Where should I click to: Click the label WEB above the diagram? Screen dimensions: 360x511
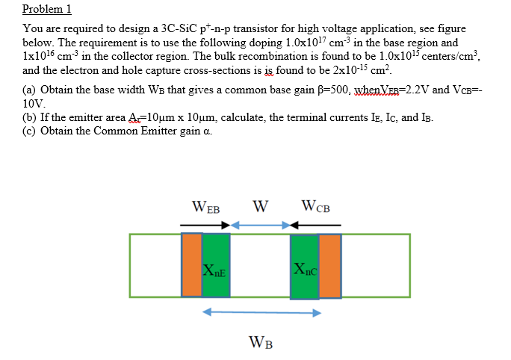(206, 206)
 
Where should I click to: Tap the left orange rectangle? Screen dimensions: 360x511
(192, 265)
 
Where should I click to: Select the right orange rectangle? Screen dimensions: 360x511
(329, 265)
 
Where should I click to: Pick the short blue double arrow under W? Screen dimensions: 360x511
(261, 224)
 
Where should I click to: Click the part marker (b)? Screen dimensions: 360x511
(31, 118)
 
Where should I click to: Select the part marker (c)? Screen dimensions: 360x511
(31, 131)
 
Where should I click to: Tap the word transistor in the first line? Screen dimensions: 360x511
(244, 29)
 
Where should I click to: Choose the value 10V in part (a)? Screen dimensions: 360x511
(33, 103)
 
